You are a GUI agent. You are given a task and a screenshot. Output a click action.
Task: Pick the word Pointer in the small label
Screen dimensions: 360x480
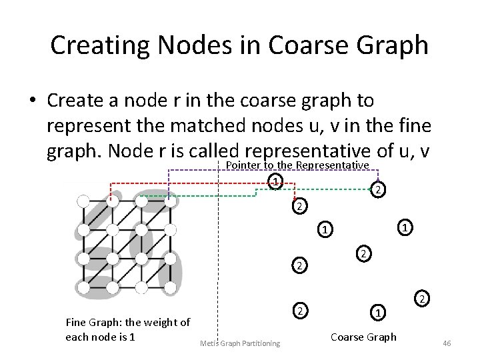point(243,165)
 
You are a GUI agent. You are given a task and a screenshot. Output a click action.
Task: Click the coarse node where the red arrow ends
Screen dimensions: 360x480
point(299,207)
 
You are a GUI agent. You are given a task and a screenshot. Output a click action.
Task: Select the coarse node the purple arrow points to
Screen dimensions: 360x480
point(377,191)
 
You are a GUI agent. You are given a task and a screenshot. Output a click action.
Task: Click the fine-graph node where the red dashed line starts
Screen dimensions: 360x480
point(111,200)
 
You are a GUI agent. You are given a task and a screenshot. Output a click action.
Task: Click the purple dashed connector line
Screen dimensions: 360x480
point(267,171)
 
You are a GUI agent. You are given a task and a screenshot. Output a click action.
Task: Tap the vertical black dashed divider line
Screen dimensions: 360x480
point(219,267)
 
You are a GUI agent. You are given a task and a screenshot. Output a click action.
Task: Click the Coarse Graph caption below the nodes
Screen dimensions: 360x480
point(363,337)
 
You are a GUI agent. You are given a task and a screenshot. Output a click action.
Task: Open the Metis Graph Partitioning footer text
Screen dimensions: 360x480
point(240,343)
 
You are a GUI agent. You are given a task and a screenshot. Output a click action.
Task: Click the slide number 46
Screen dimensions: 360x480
point(447,343)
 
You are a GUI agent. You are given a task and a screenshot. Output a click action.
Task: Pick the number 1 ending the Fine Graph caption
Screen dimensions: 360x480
point(133,337)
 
